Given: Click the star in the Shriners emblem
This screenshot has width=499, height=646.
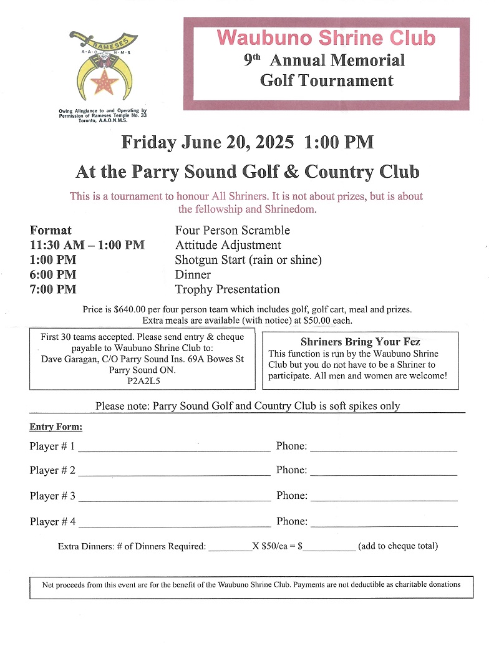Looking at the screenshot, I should tap(104, 81).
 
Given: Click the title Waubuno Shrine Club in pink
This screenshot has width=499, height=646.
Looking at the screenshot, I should tap(326, 37).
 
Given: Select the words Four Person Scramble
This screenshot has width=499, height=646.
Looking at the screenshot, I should tap(232, 230).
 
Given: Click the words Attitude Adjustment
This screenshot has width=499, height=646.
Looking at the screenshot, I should tap(228, 245).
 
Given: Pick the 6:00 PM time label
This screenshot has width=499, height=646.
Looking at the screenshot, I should tap(53, 274).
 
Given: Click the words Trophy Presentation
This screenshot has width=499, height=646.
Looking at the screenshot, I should tap(227, 289).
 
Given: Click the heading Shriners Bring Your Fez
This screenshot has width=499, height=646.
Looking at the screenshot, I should tap(360, 342).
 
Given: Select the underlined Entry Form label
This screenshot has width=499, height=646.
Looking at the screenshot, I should tap(56, 427).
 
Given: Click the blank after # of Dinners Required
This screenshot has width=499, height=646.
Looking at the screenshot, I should tap(230, 549).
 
